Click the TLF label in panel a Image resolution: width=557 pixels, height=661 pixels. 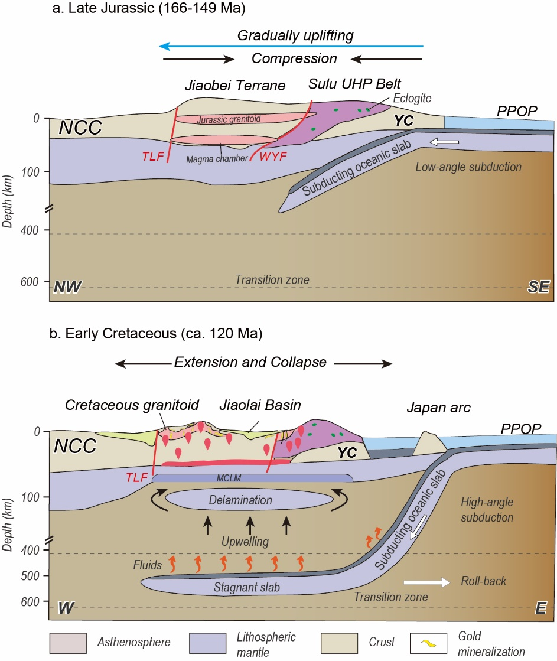pos(152,157)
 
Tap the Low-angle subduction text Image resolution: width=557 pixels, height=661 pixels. pos(469,167)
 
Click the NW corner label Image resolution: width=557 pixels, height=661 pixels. pos(67,288)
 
